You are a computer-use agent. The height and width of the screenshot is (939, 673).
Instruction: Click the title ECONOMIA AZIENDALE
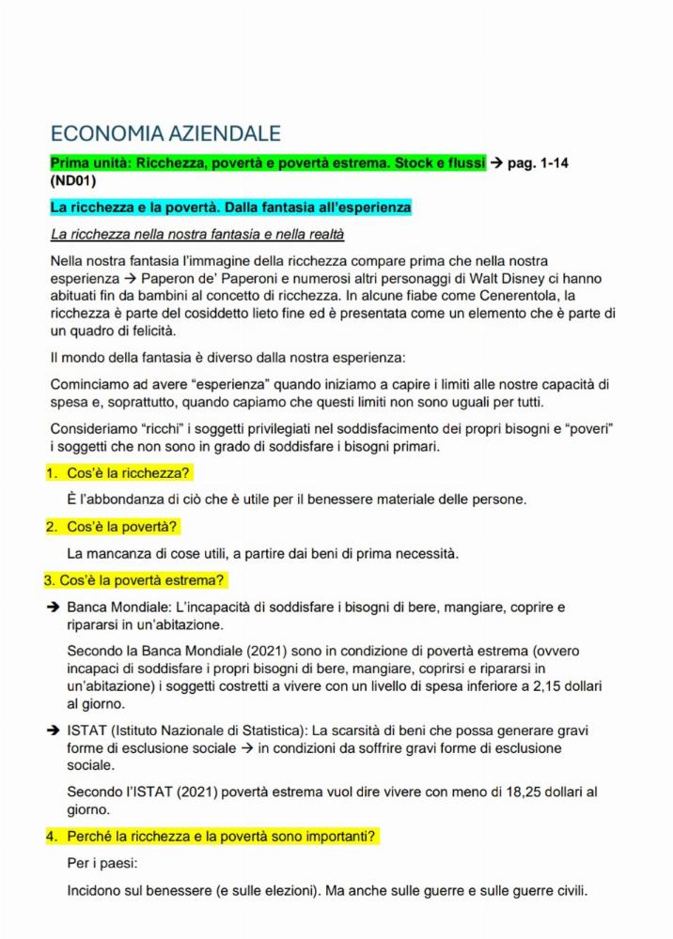tap(164, 134)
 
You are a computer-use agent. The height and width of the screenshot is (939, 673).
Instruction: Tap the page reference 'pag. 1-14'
tap(538, 163)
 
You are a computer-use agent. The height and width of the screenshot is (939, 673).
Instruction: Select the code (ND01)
tap(73, 181)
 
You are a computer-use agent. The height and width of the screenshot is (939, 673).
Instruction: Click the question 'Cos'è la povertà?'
tap(122, 526)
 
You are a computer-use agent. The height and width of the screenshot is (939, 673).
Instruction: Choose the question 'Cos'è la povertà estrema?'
tap(141, 580)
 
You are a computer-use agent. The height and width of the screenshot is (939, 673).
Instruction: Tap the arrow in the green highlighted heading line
tap(495, 163)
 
